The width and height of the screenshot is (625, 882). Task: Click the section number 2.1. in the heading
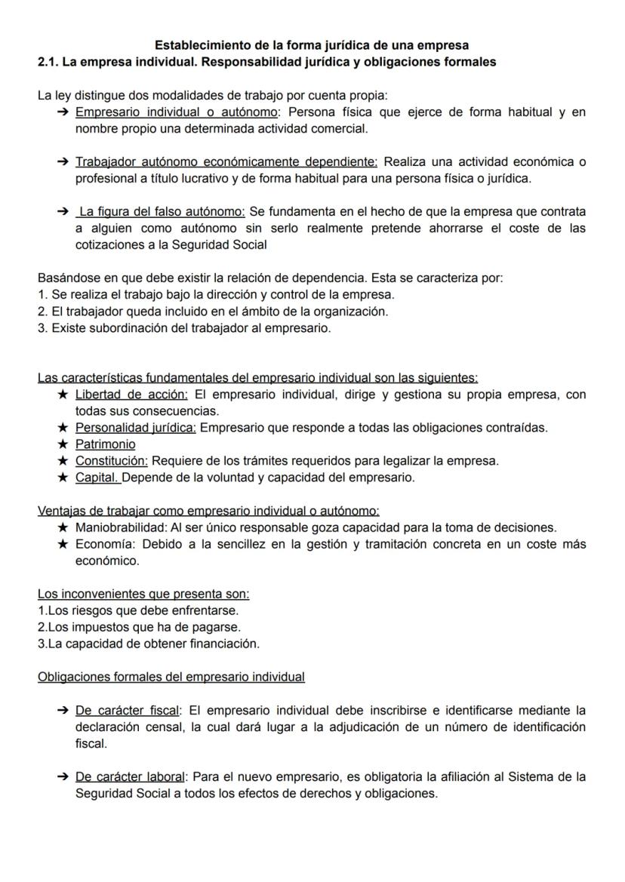(x=48, y=62)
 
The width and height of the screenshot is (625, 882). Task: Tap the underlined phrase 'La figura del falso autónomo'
(x=162, y=212)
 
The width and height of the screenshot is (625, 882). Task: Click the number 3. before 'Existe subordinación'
(x=42, y=328)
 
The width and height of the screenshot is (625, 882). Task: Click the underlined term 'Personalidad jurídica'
(x=135, y=428)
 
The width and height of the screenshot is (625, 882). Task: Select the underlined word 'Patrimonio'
(x=105, y=444)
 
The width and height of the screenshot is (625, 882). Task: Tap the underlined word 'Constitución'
(x=111, y=461)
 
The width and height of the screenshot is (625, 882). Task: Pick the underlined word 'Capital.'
(x=97, y=478)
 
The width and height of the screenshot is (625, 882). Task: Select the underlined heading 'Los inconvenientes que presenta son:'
(x=143, y=594)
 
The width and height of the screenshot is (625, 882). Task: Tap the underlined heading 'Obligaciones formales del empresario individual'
(x=171, y=677)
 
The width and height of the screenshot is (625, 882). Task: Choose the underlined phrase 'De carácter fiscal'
(x=128, y=710)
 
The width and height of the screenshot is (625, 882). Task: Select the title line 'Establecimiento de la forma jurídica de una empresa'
(x=312, y=45)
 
